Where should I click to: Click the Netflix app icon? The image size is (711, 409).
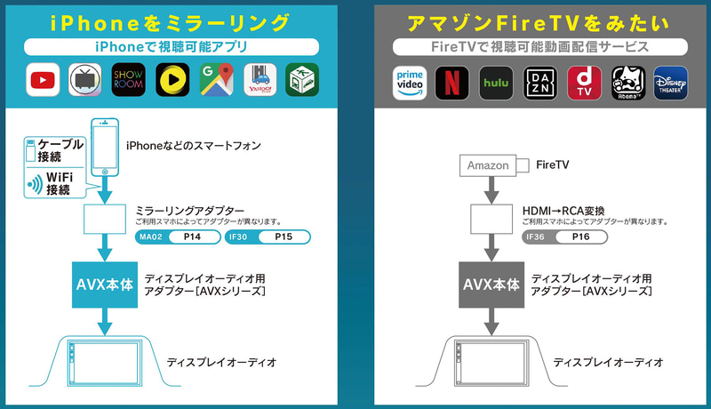[452, 83]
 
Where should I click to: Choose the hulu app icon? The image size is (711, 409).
[496, 83]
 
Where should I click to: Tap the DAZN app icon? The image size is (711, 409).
[539, 83]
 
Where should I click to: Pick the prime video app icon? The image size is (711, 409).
[409, 83]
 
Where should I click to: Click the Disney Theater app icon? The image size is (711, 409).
[670, 83]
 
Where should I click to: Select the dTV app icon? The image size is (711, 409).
[583, 83]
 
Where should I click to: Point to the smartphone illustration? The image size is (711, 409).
[107, 147]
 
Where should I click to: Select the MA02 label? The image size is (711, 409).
[148, 237]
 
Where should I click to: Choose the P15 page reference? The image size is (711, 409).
[282, 237]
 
